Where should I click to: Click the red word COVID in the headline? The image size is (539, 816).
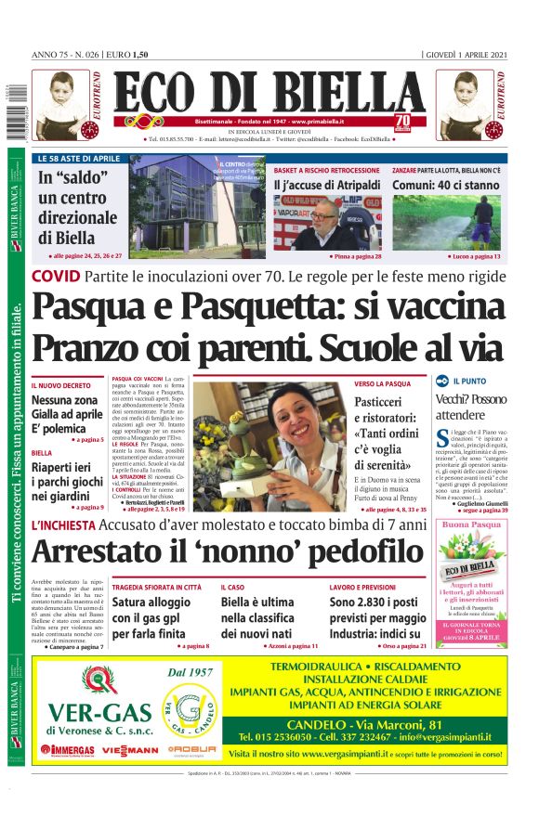[x=55, y=277]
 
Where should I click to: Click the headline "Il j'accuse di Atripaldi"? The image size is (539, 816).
[x=326, y=186]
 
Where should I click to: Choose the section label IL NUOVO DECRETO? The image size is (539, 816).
[x=61, y=384]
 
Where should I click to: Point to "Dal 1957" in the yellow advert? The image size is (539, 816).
[x=191, y=672]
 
